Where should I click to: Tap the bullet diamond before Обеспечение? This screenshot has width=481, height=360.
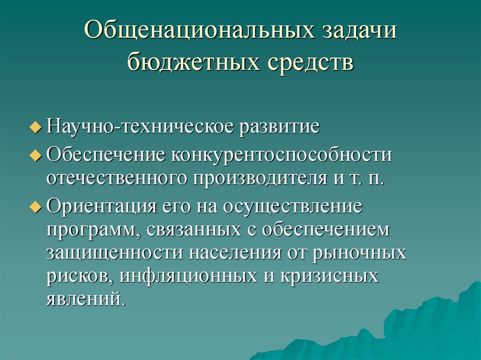click(x=39, y=156)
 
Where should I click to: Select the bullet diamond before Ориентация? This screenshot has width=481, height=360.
click(x=39, y=208)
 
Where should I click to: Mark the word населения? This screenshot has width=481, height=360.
click(x=237, y=253)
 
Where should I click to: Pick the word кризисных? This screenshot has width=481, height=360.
click(x=329, y=276)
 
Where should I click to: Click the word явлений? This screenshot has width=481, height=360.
click(x=85, y=299)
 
